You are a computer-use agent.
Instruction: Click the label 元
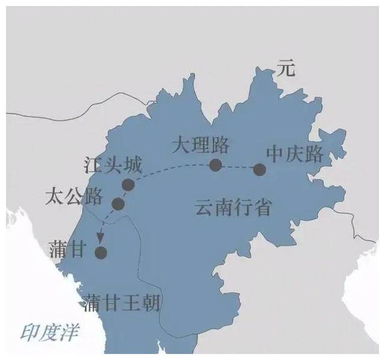pyautogui.click(x=287, y=69)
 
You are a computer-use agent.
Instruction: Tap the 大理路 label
pyautogui.click(x=201, y=146)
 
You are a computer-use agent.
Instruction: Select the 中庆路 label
pyautogui.click(x=295, y=155)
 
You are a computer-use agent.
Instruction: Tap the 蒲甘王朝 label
pyautogui.click(x=124, y=302)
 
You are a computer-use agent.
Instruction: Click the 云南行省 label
pyautogui.click(x=233, y=208)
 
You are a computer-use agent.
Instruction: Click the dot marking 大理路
pyautogui.click(x=215, y=165)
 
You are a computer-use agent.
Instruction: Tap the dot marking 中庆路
pyautogui.click(x=259, y=169)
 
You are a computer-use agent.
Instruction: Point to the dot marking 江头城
pyautogui.click(x=128, y=185)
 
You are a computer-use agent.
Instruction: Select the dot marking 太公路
pyautogui.click(x=118, y=204)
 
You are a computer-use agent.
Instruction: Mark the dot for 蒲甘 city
pyautogui.click(x=101, y=253)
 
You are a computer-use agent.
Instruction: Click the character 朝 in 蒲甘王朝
pyautogui.click(x=153, y=302)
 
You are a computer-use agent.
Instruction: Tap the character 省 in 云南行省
pyautogui.click(x=262, y=208)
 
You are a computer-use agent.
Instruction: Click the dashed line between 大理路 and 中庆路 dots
pyautogui.click(x=237, y=167)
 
